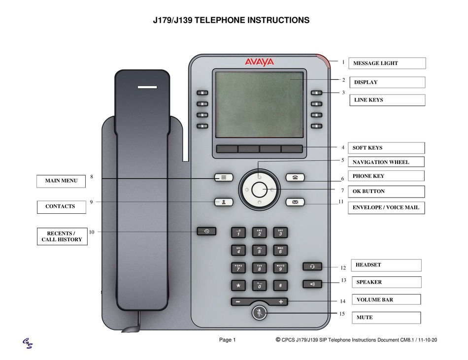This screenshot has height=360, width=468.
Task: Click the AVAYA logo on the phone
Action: pyautogui.click(x=259, y=62)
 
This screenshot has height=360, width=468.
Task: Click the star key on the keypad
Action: pyautogui.click(x=238, y=285)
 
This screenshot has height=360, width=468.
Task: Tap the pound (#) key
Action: pyautogui.click(x=280, y=285)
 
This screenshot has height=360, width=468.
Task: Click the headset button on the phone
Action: pyautogui.click(x=312, y=266)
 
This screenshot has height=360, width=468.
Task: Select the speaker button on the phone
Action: pyautogui.click(x=312, y=284)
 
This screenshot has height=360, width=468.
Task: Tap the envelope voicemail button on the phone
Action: pyautogui.click(x=295, y=202)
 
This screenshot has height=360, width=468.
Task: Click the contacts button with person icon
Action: pyautogui.click(x=224, y=202)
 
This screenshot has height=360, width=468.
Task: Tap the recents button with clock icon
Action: pyautogui.click(x=206, y=230)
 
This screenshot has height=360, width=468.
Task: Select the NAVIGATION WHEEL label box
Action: pyautogui.click(x=388, y=162)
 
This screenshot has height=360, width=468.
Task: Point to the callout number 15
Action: pyautogui.click(x=341, y=314)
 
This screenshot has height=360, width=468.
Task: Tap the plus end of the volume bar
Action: pyautogui.click(x=281, y=301)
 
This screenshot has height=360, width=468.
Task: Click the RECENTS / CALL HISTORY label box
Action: pyautogui.click(x=62, y=237)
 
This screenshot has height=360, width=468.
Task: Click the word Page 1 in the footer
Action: pyautogui.click(x=228, y=340)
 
